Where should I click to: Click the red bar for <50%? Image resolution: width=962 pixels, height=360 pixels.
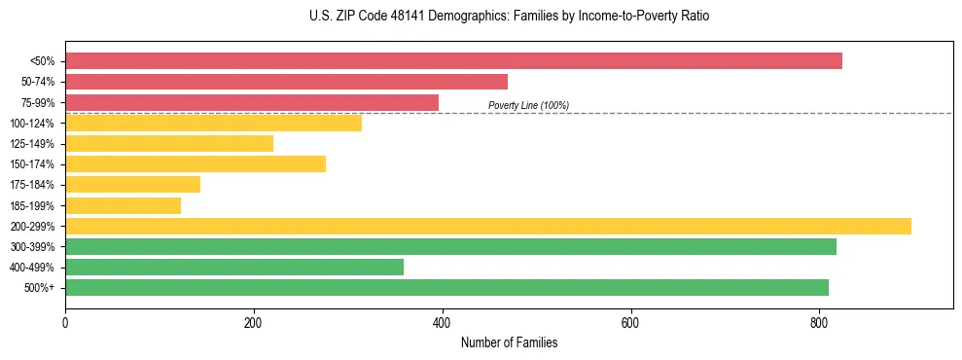(453, 61)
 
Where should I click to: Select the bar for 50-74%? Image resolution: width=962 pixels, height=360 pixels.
(286, 82)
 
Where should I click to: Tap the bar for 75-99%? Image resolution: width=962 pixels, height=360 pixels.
(252, 102)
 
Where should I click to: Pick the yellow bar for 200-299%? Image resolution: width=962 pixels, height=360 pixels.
(488, 226)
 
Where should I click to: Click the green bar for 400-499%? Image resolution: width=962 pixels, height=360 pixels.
(234, 267)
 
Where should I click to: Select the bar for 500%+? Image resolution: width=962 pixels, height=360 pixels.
(446, 287)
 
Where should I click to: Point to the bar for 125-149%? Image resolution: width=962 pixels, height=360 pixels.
(169, 143)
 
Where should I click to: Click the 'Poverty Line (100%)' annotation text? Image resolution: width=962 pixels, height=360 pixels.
(528, 105)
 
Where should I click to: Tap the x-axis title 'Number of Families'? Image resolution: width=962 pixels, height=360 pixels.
(509, 342)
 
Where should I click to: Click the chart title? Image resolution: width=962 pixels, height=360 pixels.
(509, 17)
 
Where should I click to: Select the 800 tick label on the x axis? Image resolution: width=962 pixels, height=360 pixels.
(819, 322)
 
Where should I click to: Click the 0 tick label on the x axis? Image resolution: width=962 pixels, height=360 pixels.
(65, 322)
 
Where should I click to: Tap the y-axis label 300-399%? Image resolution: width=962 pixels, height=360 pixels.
(32, 247)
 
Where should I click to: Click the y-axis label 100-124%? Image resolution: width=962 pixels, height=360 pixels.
(32, 124)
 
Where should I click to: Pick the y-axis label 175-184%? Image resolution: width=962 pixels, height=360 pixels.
(32, 185)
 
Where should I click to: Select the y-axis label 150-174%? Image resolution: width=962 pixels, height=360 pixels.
(32, 164)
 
